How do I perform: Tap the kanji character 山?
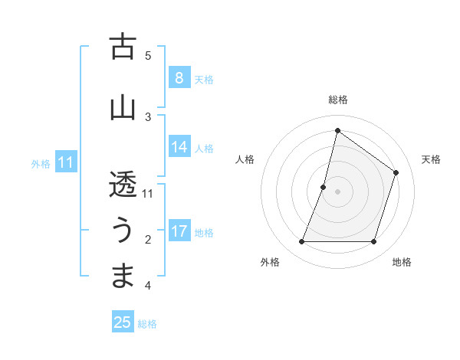coord(123,107)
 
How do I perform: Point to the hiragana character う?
coord(123,231)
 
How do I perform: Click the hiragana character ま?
coord(123,276)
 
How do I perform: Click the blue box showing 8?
coord(179,77)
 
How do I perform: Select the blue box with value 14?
coord(179,148)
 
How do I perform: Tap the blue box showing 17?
coord(179,231)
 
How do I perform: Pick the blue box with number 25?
coord(123,322)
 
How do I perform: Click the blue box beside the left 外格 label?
coord(66,162)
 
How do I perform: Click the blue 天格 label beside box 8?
coord(204,79)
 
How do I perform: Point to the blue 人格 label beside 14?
coord(204,149)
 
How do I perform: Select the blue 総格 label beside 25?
coord(147,324)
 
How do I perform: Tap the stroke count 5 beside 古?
coord(148,55)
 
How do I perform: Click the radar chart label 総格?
coord(337,100)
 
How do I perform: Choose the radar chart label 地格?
coord(402,262)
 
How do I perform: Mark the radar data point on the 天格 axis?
coord(396,172)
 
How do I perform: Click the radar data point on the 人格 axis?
coord(324,187)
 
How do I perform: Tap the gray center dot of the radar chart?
coord(337,191)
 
